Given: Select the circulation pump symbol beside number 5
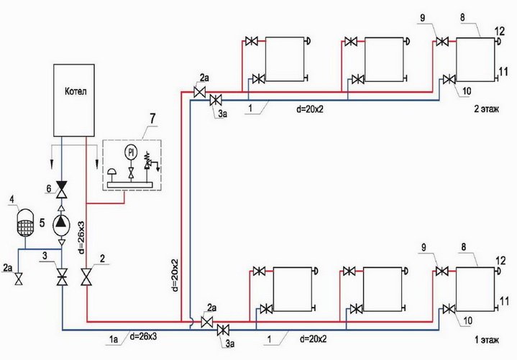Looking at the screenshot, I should [61, 223].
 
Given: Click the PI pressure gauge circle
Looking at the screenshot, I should [131, 152].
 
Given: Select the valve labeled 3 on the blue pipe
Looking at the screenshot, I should [61, 275].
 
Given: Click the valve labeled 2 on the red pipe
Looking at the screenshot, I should [87, 276].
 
